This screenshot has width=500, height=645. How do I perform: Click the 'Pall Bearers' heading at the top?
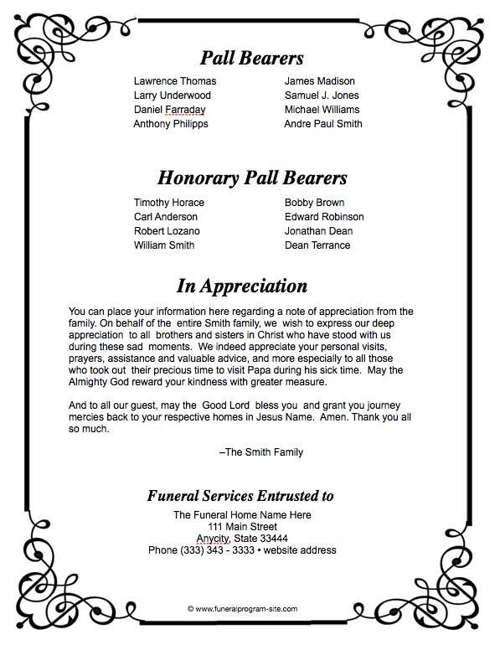(x=252, y=58)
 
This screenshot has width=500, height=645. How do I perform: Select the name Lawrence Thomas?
(x=174, y=81)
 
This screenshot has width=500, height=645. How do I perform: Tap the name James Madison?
(x=319, y=81)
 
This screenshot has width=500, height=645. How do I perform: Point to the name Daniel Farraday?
(x=169, y=110)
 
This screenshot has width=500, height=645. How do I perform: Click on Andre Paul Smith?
(x=322, y=124)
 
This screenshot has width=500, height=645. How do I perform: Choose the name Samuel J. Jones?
(x=322, y=95)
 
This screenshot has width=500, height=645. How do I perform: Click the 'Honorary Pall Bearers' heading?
(x=252, y=178)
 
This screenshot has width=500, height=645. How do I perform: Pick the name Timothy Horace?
(x=168, y=203)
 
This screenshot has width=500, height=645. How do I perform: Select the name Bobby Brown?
(x=314, y=203)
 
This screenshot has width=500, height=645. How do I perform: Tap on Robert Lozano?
(x=167, y=231)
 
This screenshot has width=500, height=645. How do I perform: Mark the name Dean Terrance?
(x=317, y=245)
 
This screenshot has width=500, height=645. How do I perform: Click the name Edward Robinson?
(x=323, y=217)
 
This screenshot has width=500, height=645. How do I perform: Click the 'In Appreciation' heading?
(x=241, y=286)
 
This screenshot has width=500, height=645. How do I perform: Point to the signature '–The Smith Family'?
(x=260, y=452)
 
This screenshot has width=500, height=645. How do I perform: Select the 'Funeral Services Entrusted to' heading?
(x=240, y=495)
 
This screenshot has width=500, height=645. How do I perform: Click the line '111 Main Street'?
(x=242, y=526)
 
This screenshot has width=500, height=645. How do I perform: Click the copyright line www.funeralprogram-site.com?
(x=242, y=609)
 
